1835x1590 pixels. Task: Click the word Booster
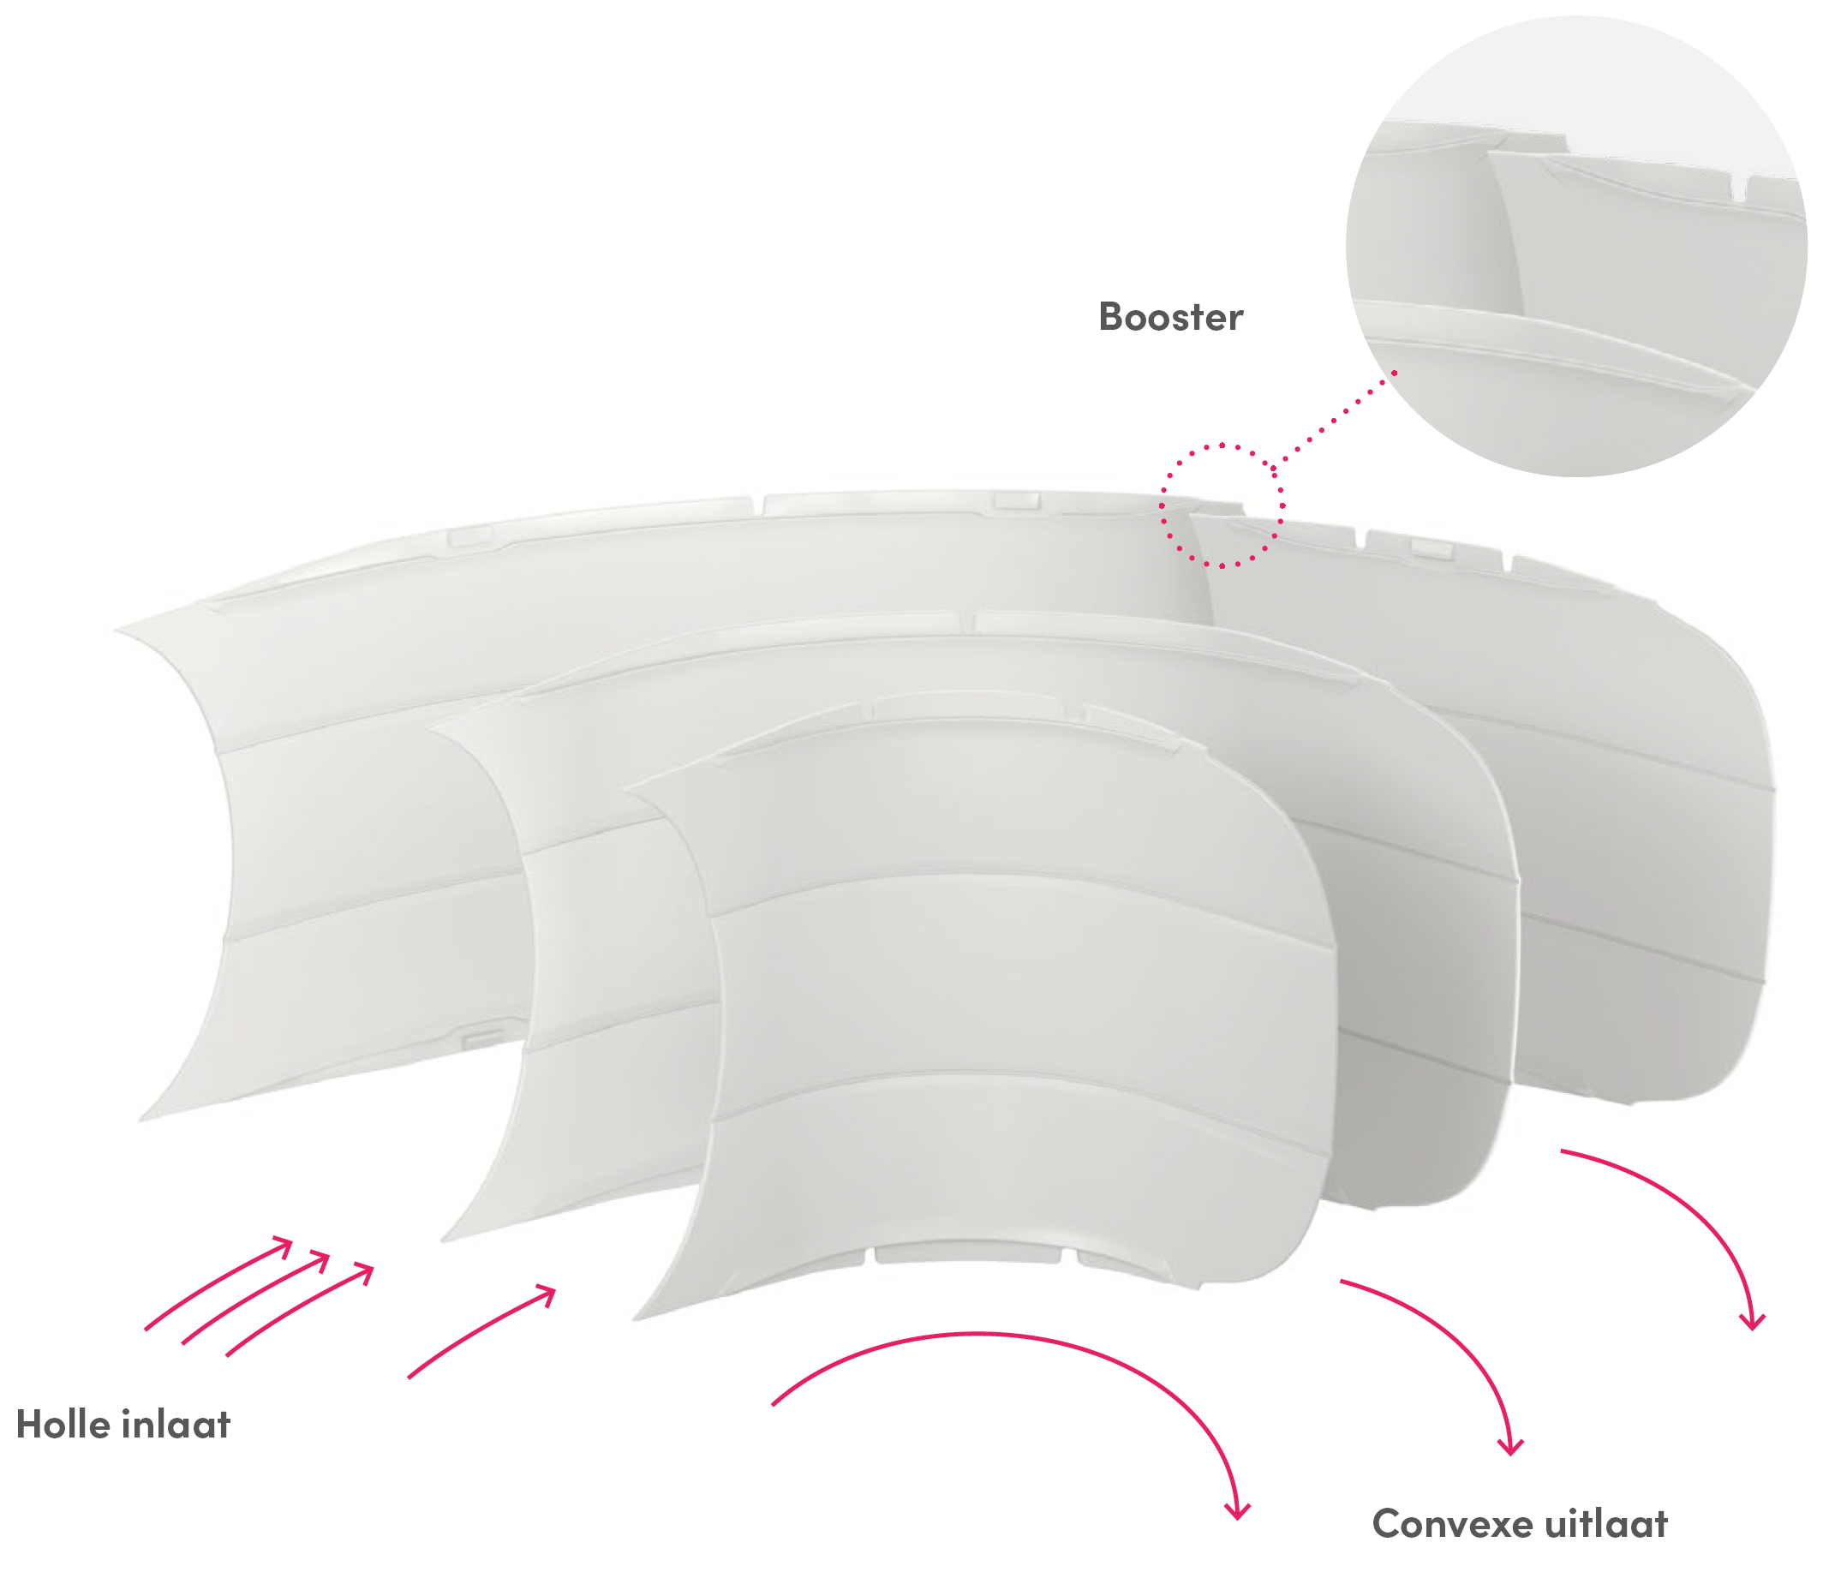point(1170,317)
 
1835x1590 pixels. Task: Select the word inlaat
point(176,1424)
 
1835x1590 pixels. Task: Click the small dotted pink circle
point(1222,505)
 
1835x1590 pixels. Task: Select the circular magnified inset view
point(1577,246)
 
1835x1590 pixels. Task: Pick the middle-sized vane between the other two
point(976,923)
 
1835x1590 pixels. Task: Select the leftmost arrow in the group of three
point(218,1282)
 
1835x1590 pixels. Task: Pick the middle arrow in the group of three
point(255,1298)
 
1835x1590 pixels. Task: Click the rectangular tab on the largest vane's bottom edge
point(484,1036)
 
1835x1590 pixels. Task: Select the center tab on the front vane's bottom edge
point(967,1254)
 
